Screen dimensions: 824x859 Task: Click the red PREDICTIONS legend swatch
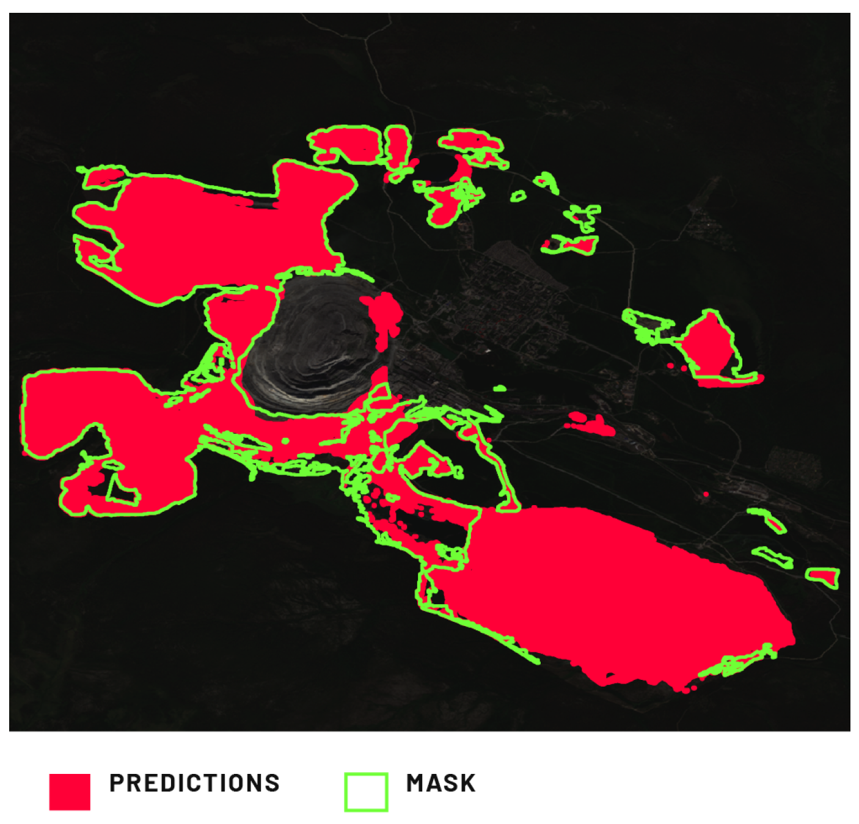click(x=70, y=792)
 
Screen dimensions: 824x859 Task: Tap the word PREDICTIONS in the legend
click(x=194, y=783)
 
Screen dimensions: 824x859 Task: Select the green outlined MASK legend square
click(x=366, y=792)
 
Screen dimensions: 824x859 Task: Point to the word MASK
click(x=440, y=783)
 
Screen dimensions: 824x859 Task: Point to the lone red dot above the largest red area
click(x=706, y=494)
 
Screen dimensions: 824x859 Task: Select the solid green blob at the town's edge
click(x=500, y=388)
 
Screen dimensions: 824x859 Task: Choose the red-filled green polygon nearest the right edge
click(x=823, y=575)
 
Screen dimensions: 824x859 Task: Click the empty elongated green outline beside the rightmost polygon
click(x=773, y=556)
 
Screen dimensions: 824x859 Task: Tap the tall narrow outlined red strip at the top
click(x=397, y=147)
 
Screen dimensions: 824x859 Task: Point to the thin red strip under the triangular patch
click(x=730, y=382)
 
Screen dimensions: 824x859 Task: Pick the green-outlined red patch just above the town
click(x=571, y=244)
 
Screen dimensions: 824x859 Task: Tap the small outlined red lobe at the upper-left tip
click(x=101, y=177)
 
